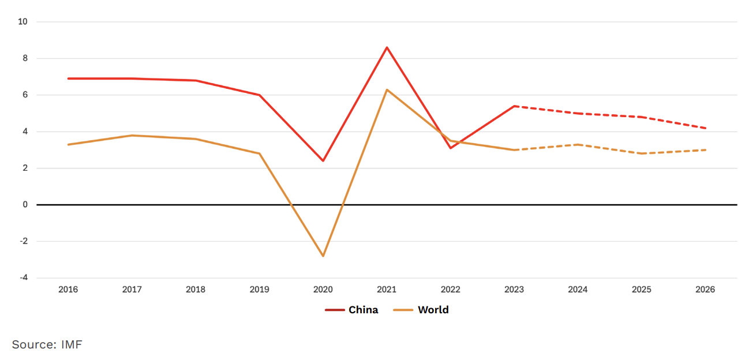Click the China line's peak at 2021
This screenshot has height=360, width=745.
coord(387,47)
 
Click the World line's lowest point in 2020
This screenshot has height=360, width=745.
coord(323,256)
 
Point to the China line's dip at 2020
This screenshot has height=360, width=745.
coord(323,160)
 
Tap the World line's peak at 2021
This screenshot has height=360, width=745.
coord(387,89)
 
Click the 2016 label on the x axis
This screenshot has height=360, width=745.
coord(68,290)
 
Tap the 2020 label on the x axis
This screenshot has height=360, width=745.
coord(323,290)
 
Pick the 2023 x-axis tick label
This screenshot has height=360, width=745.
coord(514,290)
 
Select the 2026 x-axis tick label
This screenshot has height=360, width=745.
coord(705,290)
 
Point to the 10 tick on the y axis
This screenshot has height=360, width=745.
coord(23,22)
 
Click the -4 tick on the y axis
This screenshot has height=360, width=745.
coord(23,277)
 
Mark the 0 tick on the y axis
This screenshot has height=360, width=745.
coord(25,205)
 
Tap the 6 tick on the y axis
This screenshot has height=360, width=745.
coord(25,95)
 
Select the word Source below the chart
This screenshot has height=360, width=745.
coord(33,344)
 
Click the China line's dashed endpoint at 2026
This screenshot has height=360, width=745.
coord(705,128)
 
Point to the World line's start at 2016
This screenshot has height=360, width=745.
coord(68,144)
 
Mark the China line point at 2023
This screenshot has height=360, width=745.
coord(514,106)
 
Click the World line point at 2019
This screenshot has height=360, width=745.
coord(259,153)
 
